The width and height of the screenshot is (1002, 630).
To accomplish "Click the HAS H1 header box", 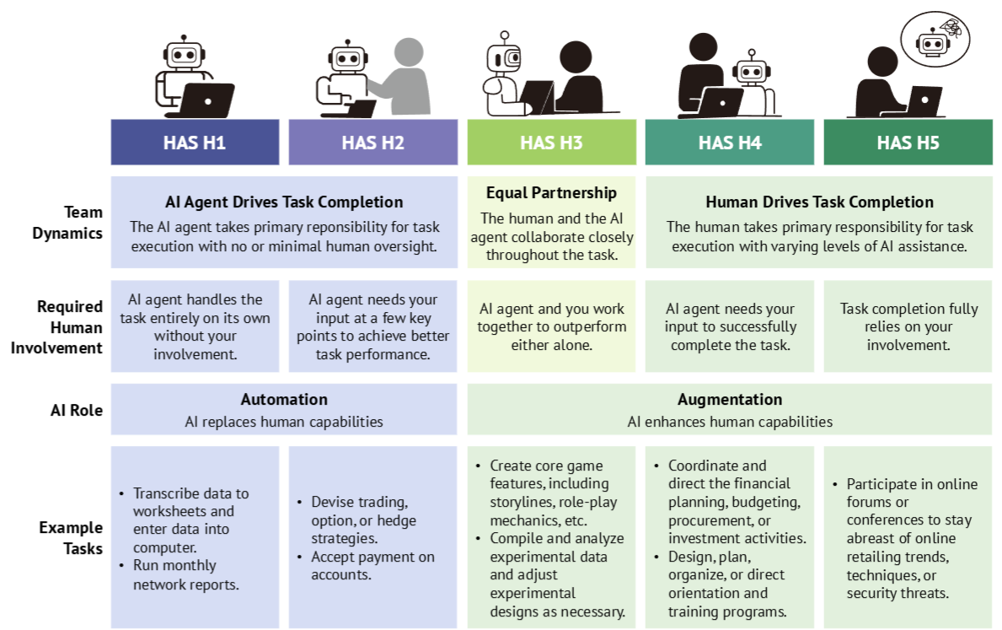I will click(x=195, y=142).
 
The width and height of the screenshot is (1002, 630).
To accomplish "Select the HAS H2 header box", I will click(x=372, y=142).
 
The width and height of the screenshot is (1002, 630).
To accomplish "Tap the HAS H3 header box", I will click(x=551, y=142).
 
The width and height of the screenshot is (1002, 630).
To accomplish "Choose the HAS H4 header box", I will click(x=730, y=142).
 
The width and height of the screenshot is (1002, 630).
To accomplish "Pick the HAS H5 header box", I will click(x=908, y=142).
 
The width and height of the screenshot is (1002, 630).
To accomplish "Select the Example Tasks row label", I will click(x=71, y=538).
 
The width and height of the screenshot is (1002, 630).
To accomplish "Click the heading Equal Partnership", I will click(x=551, y=193).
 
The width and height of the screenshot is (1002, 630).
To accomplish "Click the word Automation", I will click(x=284, y=399).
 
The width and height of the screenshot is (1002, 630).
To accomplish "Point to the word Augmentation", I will click(x=730, y=399).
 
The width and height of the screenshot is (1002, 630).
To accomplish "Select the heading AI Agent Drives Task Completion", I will click(x=284, y=202).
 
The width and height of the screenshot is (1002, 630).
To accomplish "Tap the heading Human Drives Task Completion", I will click(x=819, y=202).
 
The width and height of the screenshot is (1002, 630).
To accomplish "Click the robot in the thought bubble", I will click(x=932, y=42).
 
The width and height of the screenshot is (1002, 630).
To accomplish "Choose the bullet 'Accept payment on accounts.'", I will click(x=372, y=565).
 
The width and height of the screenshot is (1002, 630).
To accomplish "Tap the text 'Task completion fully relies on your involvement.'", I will click(x=908, y=326).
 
